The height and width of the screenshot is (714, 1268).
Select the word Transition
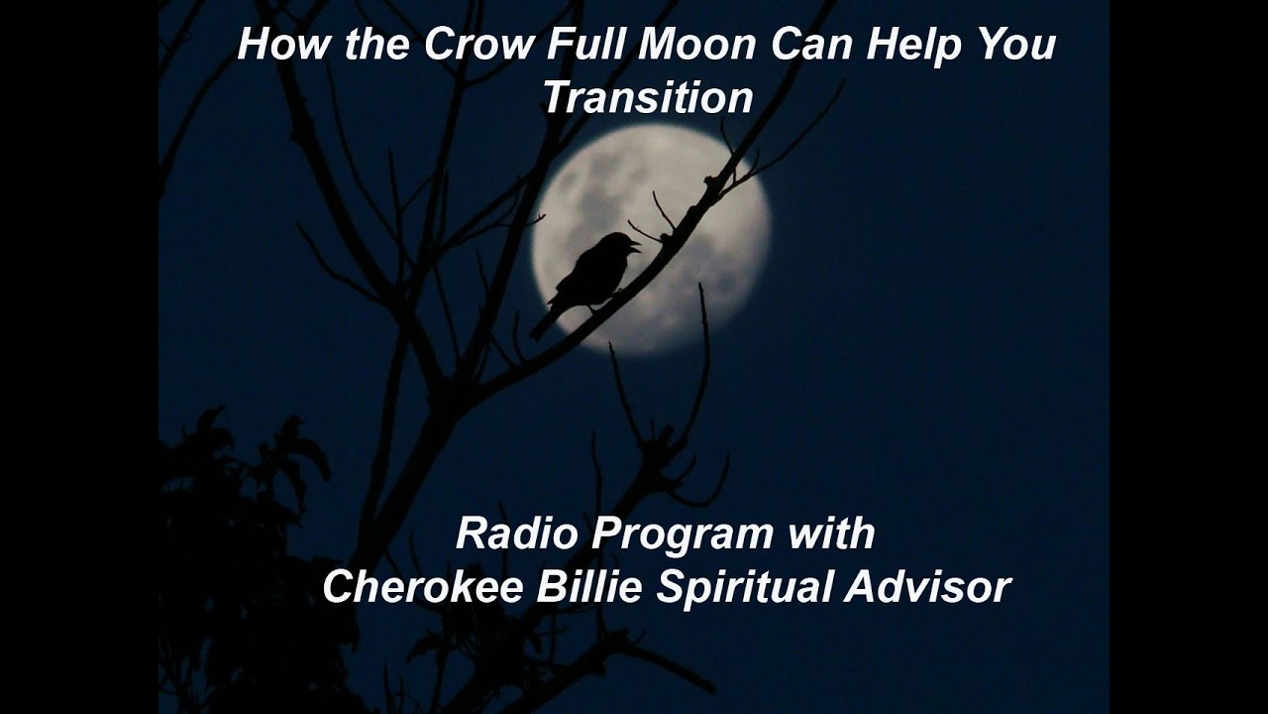pos(648,98)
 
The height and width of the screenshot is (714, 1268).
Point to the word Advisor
pos(927,587)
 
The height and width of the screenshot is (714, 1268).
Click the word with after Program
pos(831,535)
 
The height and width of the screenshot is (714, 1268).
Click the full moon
pos(693,198)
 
